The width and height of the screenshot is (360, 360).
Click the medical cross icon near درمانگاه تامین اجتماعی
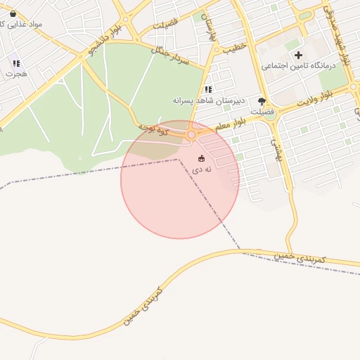[x=299, y=55]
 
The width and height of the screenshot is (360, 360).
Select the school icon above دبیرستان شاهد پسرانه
[x=207, y=89]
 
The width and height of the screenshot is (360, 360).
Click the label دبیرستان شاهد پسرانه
[x=209, y=101]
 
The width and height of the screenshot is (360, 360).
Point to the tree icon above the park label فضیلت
[x=262, y=101]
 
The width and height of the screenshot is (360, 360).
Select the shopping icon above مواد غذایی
[x=13, y=13]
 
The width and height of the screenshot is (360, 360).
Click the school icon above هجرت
[x=15, y=63]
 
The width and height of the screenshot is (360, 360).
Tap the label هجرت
[x=15, y=73]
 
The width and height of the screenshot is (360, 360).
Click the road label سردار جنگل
[x=171, y=56]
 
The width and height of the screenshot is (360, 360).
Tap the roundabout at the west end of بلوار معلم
[x=191, y=134]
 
